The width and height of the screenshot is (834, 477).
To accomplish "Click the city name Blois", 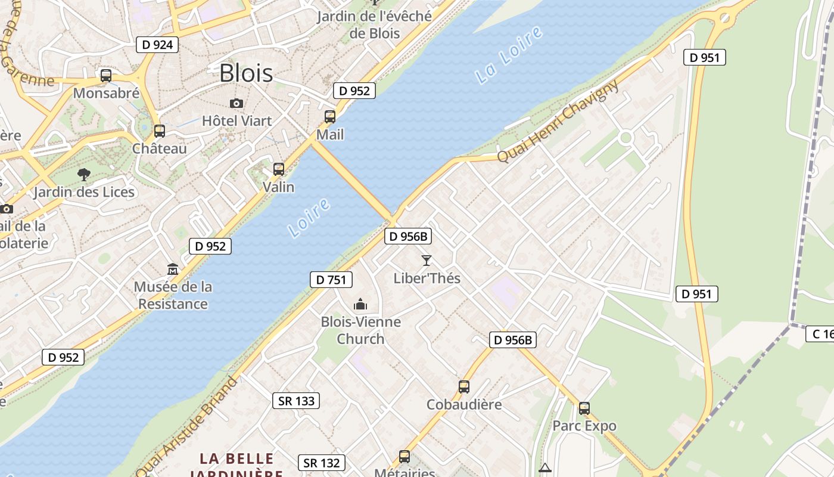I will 246,73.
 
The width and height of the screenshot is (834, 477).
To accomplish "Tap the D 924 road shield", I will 157,44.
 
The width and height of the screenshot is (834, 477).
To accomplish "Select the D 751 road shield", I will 331,280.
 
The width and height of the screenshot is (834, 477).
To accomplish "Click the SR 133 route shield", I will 297,401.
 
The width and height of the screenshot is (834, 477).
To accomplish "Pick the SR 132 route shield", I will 322,463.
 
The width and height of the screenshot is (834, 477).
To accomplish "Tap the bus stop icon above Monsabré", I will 106,76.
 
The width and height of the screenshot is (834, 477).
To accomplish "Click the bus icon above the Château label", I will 159,131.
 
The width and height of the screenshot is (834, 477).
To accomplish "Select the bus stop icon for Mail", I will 330,117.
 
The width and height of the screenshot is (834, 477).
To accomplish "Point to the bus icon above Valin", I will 279,169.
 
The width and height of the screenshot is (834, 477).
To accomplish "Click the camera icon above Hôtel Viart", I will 236,103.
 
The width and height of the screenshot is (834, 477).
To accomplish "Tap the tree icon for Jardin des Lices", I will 84,175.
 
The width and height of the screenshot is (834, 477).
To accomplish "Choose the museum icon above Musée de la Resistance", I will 173,270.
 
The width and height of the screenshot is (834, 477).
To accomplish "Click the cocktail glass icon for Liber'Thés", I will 427,261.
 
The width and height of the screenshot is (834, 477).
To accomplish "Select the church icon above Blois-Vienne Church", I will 360,305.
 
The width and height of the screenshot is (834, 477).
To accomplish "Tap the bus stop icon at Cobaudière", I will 464,387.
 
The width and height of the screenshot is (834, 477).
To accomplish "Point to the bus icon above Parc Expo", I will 584,408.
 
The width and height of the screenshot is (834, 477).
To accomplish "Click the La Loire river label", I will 509,54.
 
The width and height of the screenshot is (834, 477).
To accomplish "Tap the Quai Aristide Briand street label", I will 186,426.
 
